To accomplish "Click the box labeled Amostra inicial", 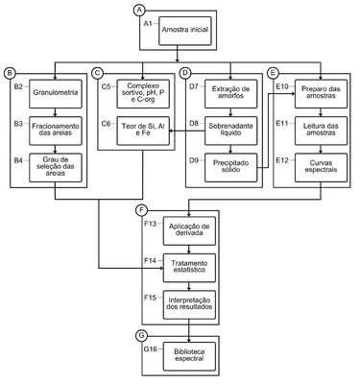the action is click(185, 31).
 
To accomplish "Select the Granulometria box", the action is click(56, 94).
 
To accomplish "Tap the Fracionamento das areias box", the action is click(56, 131).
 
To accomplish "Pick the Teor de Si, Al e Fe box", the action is click(143, 131).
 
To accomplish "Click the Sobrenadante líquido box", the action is click(230, 131).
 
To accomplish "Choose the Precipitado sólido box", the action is click(230, 168).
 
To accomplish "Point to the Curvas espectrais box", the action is click(321, 168).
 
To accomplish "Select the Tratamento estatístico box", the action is click(189, 268).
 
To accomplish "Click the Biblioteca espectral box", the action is click(189, 356).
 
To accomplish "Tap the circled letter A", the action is click(139, 11).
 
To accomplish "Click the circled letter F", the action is click(141, 210).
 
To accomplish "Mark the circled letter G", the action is click(141, 336).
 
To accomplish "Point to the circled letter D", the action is click(184, 73).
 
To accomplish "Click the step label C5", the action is click(106, 86).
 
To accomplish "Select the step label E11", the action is click(282, 124).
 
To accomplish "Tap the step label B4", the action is click(18, 160).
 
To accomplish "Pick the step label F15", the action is click(151, 298).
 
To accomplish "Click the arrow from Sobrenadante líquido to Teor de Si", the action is click(187, 131).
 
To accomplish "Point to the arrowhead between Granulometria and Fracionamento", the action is click(56, 114).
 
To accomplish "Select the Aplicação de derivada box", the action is click(189, 231).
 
